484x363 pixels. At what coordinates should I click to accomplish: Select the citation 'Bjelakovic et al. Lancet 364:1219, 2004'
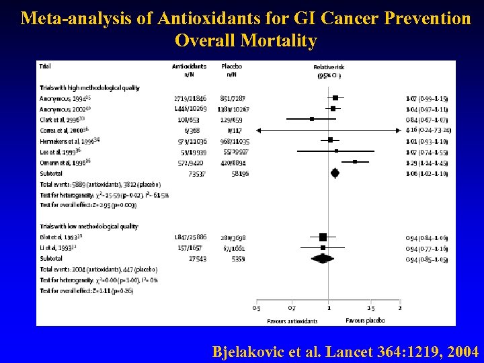(346, 352)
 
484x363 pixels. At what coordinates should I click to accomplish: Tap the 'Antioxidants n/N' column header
(189, 71)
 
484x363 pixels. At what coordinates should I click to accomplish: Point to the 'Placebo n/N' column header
(231, 71)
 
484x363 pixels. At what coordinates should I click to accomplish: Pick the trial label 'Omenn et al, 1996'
(61, 162)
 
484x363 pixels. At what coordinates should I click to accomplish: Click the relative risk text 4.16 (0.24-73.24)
(427, 130)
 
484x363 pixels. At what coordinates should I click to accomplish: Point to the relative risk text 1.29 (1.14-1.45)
(427, 162)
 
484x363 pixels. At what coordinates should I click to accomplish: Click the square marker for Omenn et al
(355, 162)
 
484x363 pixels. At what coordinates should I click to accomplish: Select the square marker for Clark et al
(312, 119)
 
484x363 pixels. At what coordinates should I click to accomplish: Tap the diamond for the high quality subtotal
(335, 173)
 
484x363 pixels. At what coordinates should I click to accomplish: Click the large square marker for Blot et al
(323, 237)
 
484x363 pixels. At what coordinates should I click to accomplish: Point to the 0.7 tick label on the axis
(292, 308)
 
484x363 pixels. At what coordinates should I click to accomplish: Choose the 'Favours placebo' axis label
(365, 321)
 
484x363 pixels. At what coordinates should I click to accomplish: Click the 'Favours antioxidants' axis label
(292, 321)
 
